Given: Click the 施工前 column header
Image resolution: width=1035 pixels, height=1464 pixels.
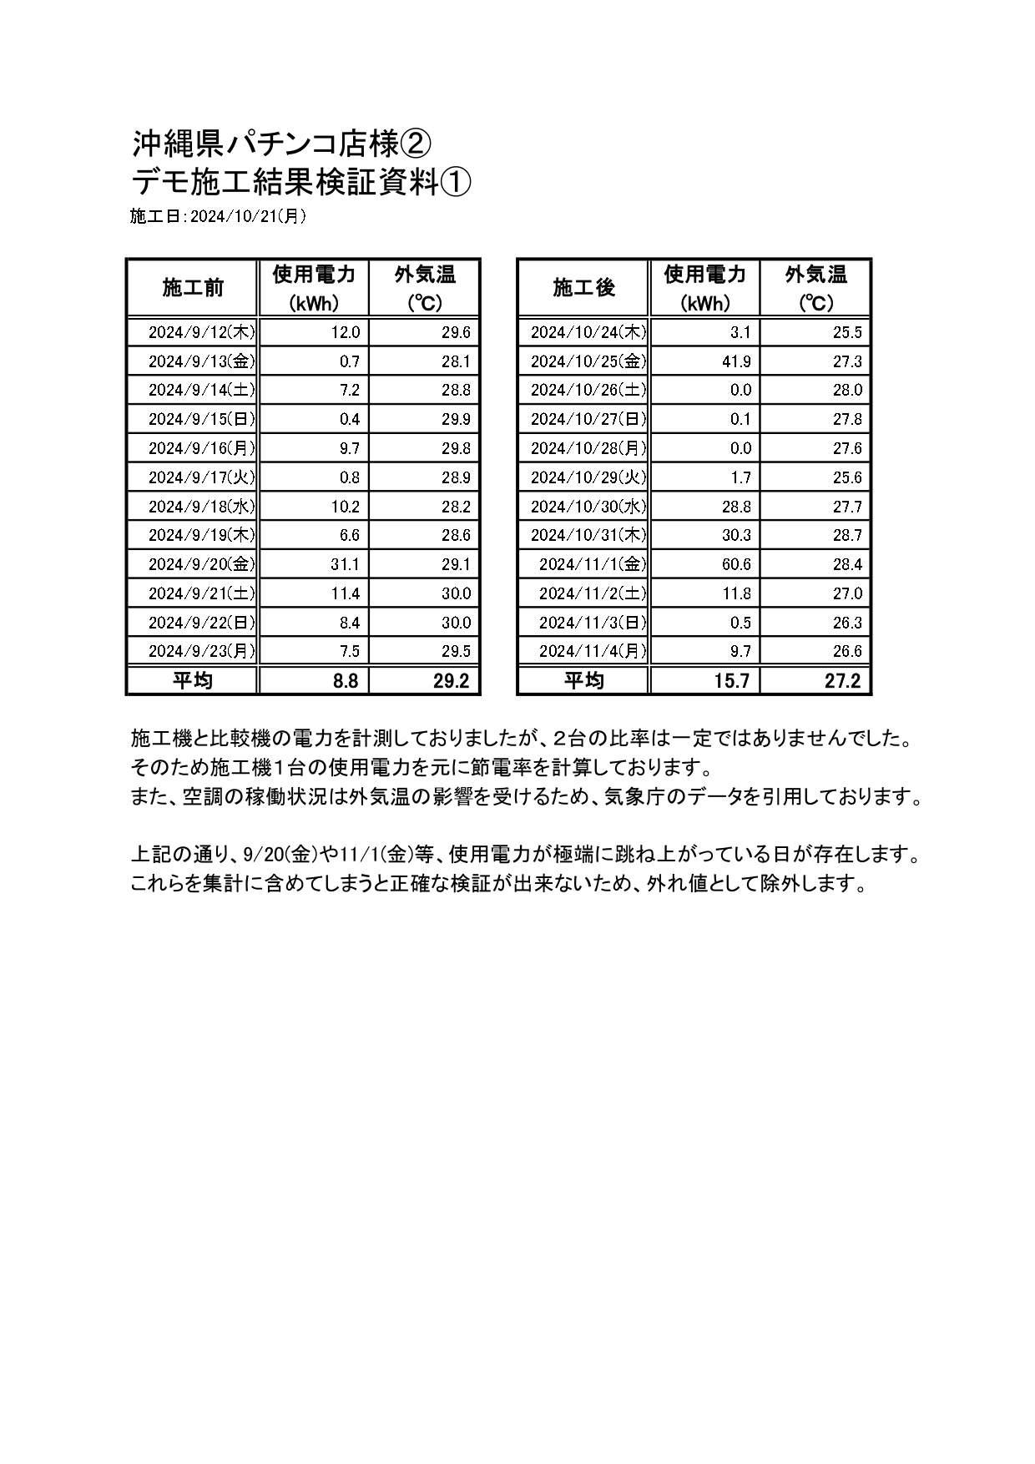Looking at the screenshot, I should tap(193, 288).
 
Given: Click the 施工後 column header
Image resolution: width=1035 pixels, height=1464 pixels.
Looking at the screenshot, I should tap(583, 288).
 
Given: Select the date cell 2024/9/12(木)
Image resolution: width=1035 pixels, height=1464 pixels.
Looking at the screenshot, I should tap(201, 332).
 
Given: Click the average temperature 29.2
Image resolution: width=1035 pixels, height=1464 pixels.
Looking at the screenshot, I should tap(452, 681).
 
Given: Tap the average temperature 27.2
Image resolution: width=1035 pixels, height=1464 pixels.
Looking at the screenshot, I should tap(842, 681).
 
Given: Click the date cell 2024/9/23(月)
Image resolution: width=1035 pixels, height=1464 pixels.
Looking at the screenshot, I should tap(201, 651).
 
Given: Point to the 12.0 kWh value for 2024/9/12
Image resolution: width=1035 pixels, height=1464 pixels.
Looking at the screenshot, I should tap(345, 332).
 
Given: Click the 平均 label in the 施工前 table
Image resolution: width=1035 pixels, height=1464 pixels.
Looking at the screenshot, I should tap(193, 680).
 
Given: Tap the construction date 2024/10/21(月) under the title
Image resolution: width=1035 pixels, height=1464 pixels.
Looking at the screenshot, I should tap(248, 216).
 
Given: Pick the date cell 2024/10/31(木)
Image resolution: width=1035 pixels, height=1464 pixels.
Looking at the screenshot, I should tap(588, 535).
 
